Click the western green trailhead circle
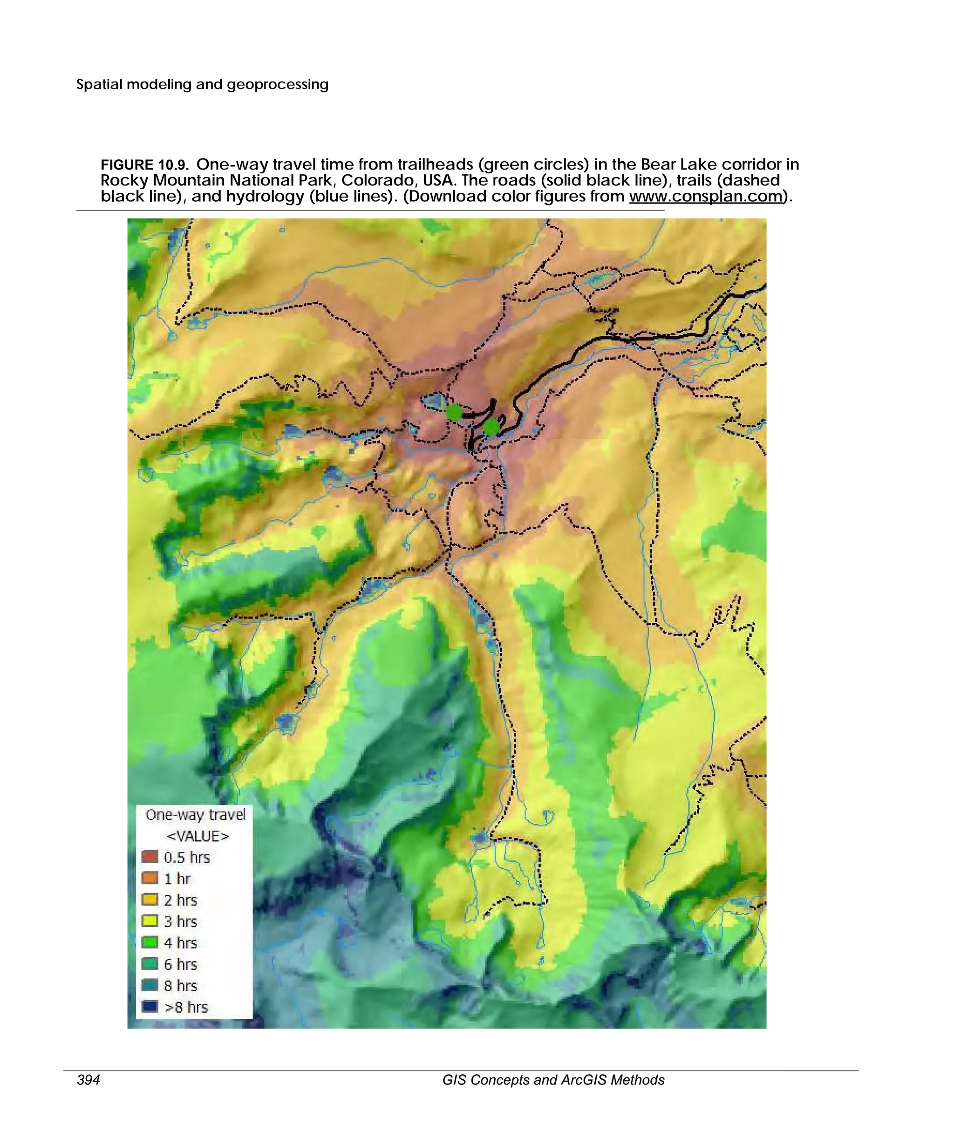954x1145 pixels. tap(454, 412)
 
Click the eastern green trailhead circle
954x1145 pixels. tap(491, 427)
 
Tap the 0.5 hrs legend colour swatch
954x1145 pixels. tap(150, 857)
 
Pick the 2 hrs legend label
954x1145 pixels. tap(180, 900)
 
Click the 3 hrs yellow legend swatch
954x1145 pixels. tap(150, 921)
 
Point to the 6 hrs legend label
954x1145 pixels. tap(180, 964)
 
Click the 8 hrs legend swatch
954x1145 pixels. tap(150, 985)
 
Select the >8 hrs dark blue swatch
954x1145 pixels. tap(150, 1007)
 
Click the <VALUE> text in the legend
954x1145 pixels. tap(198, 836)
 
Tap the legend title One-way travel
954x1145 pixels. tap(195, 815)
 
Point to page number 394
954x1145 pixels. tap(89, 1080)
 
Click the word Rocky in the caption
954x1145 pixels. tap(124, 180)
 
